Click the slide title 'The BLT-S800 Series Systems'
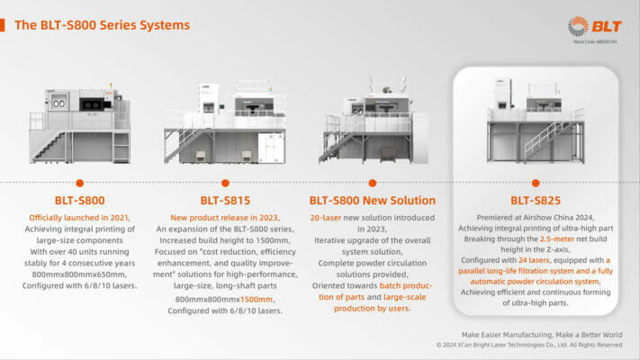[102, 24]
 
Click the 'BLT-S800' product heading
[78, 200]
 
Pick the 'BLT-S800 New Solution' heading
[372, 200]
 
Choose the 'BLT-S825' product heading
[535, 200]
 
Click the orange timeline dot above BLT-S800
[79, 182]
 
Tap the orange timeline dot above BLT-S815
[224, 182]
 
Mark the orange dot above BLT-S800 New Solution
[372, 182]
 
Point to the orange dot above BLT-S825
[536, 182]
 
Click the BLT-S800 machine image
[79, 124]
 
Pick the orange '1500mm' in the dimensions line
[257, 298]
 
